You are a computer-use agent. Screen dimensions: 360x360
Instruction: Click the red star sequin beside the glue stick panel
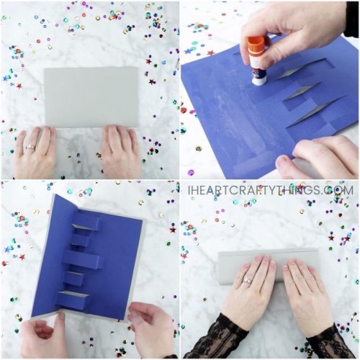point(210,53)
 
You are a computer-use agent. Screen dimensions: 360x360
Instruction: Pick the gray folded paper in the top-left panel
point(91,97)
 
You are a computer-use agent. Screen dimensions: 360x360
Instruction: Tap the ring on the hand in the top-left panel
point(30,147)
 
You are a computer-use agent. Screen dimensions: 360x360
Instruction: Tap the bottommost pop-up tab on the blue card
point(74,300)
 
